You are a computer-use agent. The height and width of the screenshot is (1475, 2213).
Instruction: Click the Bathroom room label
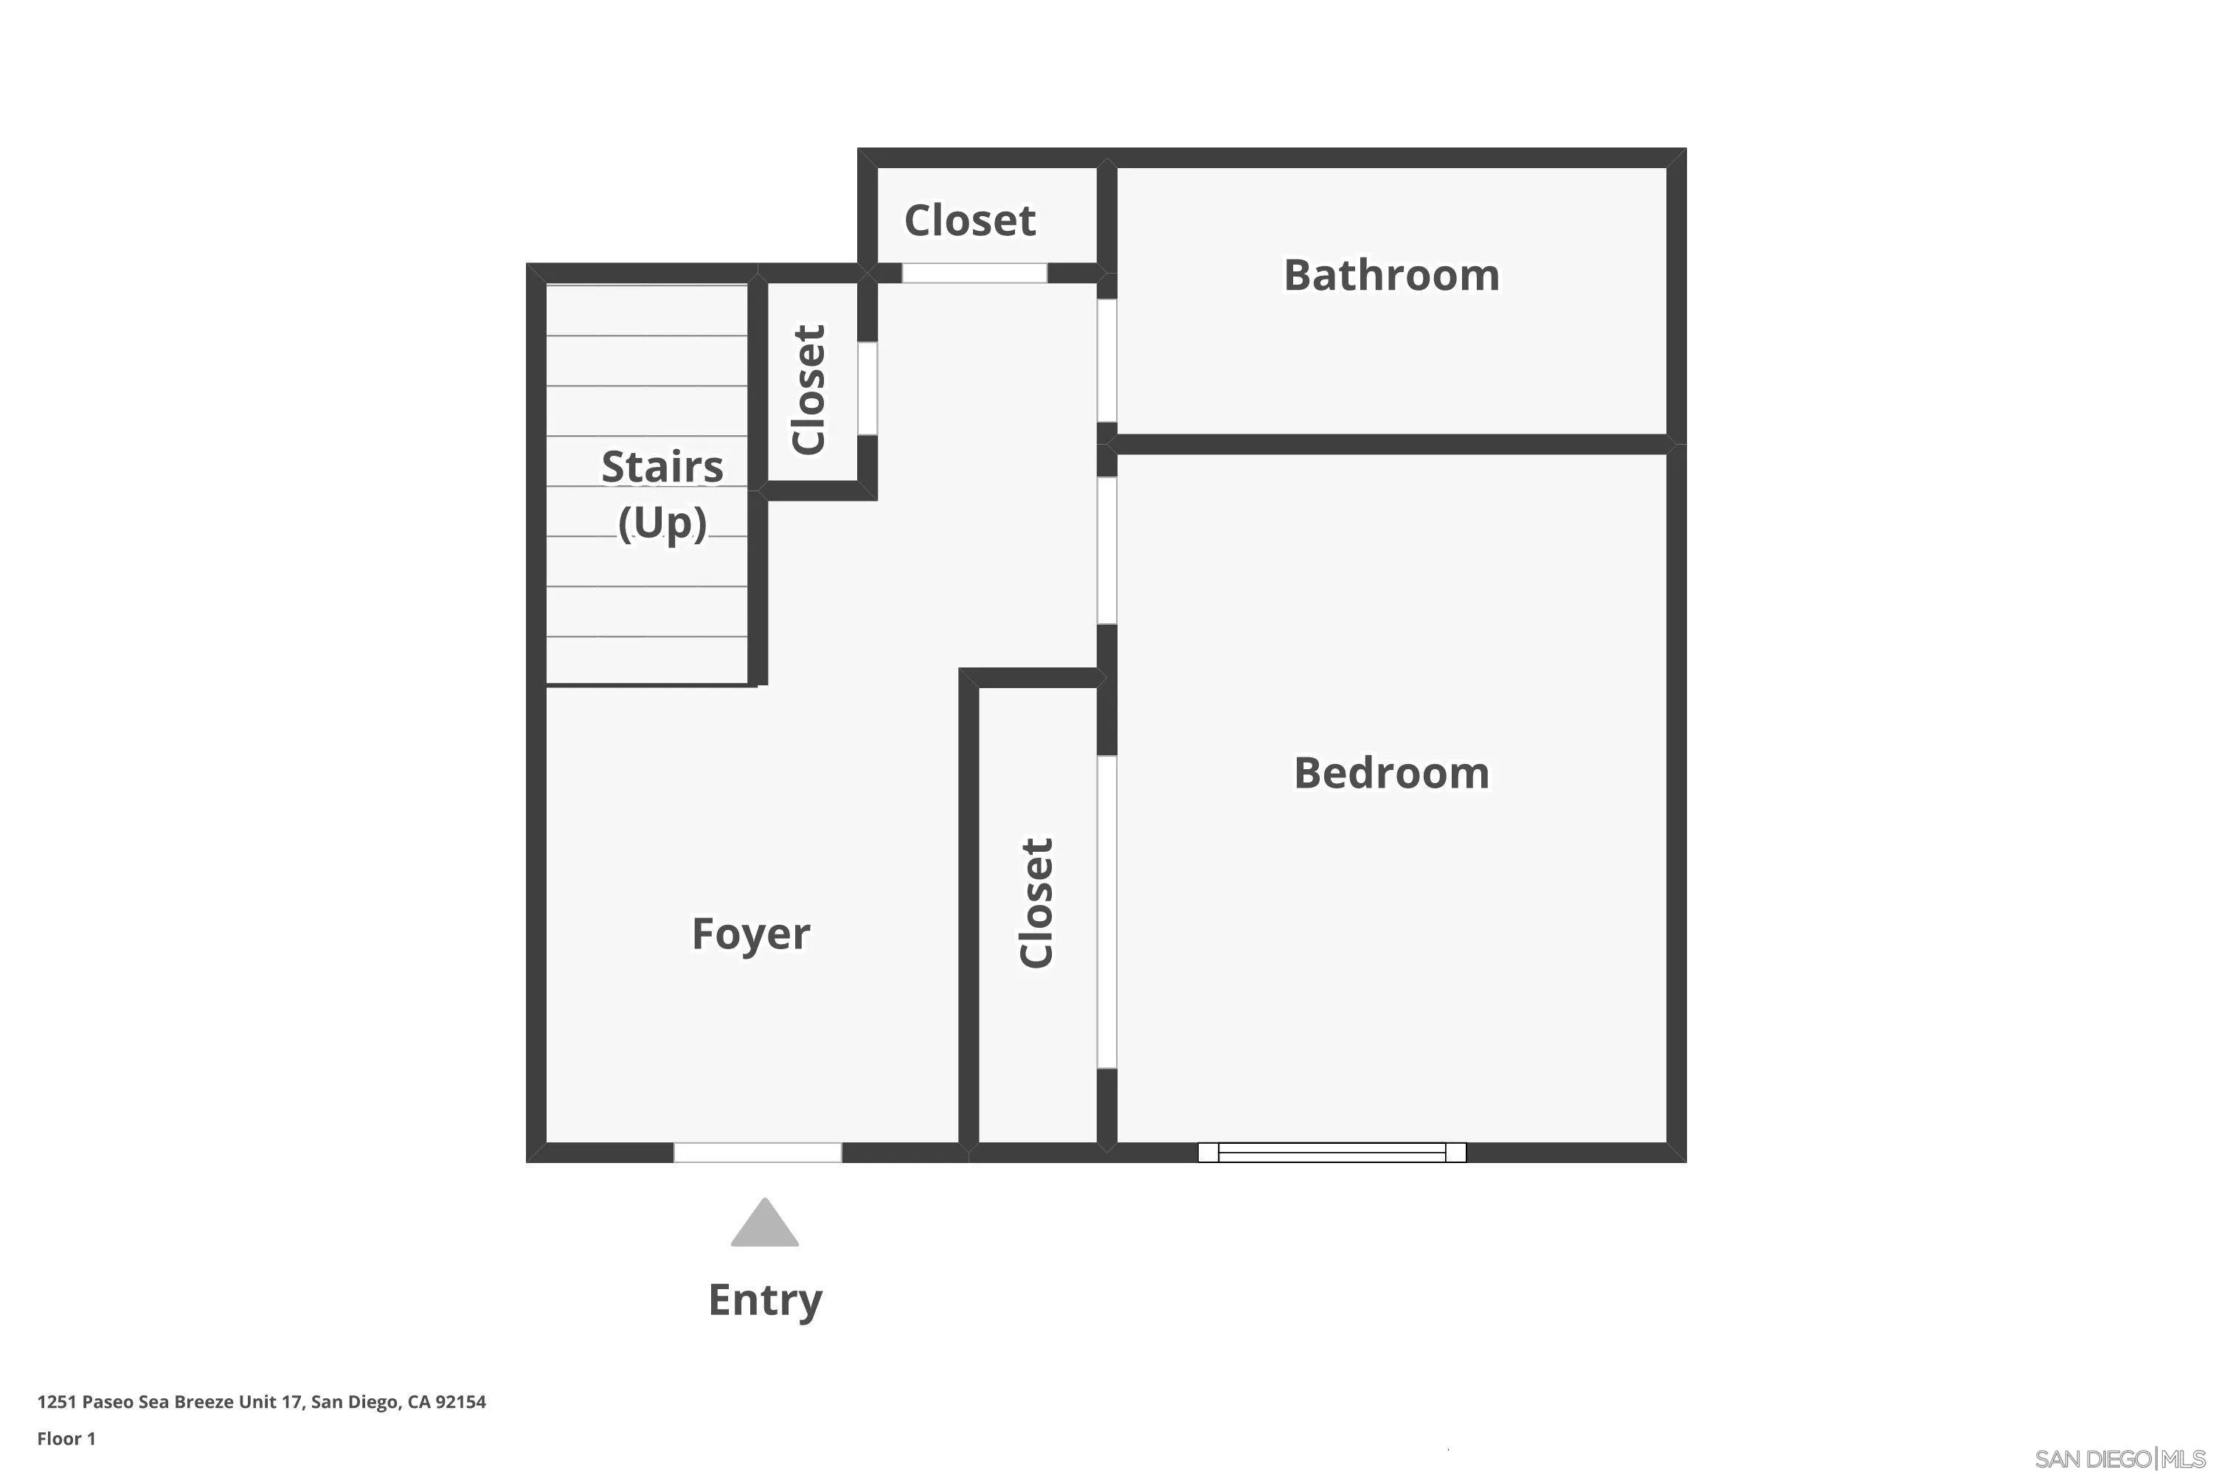[1391, 276]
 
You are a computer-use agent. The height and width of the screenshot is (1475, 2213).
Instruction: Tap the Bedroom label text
[1391, 773]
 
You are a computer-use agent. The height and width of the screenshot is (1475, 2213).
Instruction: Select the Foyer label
[750, 934]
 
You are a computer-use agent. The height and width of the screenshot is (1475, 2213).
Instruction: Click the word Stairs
[662, 467]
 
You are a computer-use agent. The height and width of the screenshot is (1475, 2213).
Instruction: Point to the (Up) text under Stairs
[662, 523]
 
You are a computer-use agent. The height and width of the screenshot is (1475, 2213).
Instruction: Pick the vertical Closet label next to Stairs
[809, 389]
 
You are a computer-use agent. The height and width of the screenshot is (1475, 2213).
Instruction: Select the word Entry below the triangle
[764, 1300]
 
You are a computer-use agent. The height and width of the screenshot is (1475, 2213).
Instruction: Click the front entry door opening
[758, 1152]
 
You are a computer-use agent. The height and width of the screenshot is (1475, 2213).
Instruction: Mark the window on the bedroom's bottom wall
[1331, 1152]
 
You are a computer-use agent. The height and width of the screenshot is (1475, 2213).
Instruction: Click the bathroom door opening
[1107, 361]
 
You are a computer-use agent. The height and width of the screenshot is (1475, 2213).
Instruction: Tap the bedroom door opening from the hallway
[1107, 550]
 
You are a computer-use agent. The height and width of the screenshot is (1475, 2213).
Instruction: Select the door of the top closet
[974, 273]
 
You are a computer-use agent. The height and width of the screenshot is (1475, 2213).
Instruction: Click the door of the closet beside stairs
[867, 388]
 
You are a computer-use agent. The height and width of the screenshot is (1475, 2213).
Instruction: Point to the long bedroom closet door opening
[1107, 912]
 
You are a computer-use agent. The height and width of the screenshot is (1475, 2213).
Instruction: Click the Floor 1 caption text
[66, 1438]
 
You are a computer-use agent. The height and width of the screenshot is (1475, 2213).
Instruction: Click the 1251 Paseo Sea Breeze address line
[262, 1402]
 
